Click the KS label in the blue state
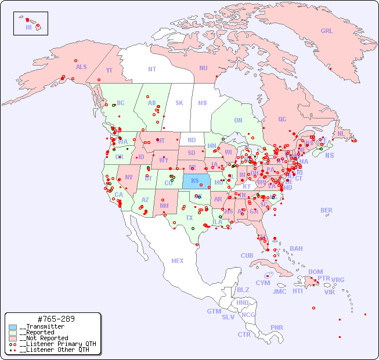194,181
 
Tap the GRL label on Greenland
327,31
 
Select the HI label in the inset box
28,27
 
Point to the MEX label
178,261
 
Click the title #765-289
56,319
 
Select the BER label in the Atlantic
327,210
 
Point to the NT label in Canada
152,69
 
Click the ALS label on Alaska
81,67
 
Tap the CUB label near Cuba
247,255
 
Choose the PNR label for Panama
277,327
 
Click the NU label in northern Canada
203,68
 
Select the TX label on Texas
189,218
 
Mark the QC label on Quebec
282,120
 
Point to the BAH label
296,249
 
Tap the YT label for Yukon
109,70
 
